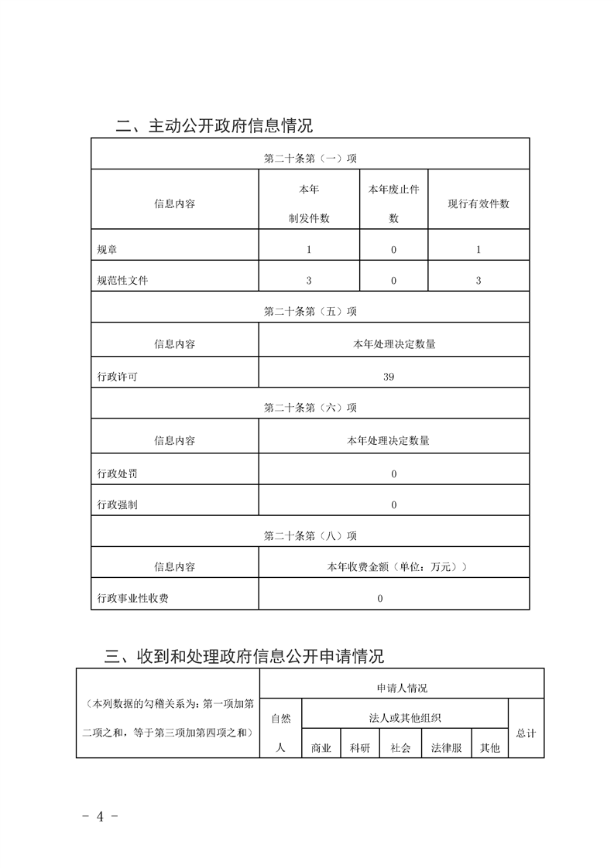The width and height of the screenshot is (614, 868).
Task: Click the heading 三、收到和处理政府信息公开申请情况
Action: pyautogui.click(x=245, y=657)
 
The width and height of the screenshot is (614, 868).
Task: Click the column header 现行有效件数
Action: pyautogui.click(x=479, y=203)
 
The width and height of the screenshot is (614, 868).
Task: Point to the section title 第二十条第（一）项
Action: pyautogui.click(x=310, y=159)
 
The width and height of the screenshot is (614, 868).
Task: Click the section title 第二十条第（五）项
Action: pyautogui.click(x=310, y=312)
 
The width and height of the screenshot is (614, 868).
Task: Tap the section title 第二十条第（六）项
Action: pyautogui.click(x=310, y=408)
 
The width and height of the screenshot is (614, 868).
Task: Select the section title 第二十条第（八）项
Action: pyautogui.click(x=310, y=535)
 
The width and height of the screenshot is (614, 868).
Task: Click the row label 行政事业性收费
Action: pyautogui.click(x=132, y=598)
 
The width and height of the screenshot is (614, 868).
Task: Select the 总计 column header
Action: pyautogui.click(x=526, y=733)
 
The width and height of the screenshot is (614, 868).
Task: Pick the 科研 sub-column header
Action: pyautogui.click(x=360, y=748)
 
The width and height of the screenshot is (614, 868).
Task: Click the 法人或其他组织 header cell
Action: pyautogui.click(x=405, y=718)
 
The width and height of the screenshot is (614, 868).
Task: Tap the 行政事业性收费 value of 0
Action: pyautogui.click(x=380, y=598)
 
